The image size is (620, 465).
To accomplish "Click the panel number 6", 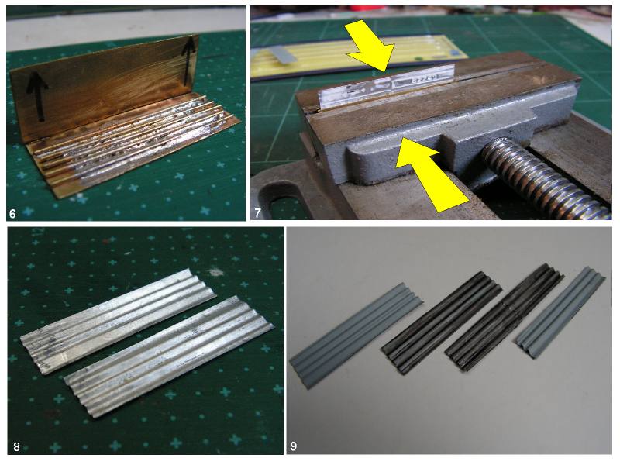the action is click(12, 214).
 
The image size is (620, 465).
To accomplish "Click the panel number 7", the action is click(257, 213).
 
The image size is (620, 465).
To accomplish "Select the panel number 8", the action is click(16, 446).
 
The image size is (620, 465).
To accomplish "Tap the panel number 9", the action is click(294, 446).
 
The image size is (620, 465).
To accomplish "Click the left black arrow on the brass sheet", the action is click(38, 94).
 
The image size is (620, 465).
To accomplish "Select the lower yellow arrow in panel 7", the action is click(432, 173).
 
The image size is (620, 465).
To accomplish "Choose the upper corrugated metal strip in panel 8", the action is click(119, 321).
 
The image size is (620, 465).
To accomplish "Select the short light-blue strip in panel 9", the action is click(560, 312).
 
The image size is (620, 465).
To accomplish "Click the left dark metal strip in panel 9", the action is click(442, 322).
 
